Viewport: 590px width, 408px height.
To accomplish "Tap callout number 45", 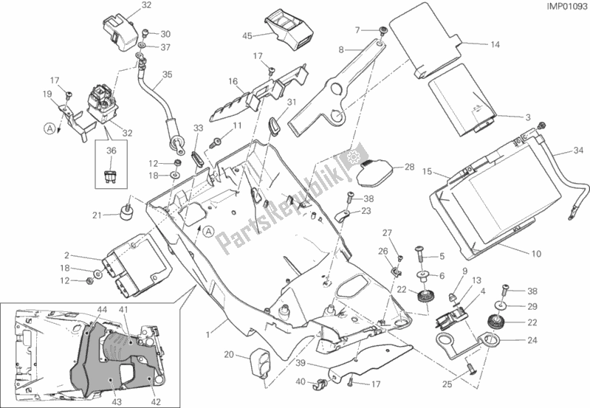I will click(x=247, y=35).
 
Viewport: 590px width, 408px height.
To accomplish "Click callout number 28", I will click(x=409, y=169).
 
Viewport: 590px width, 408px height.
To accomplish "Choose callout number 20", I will click(x=229, y=355).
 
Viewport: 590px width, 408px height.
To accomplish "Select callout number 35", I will click(x=167, y=74).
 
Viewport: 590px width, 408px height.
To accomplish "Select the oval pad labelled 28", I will click(x=374, y=171).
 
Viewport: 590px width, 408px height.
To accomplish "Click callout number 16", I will click(x=232, y=81).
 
